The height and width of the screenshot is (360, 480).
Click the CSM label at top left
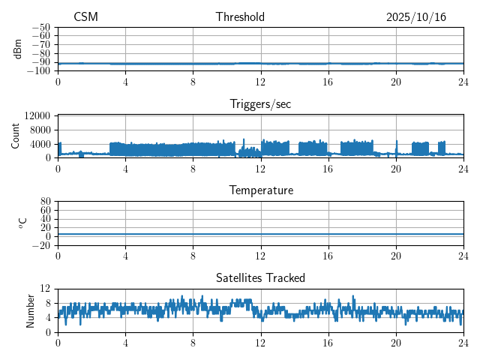(85, 17)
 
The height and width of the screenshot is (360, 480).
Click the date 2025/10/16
(416, 17)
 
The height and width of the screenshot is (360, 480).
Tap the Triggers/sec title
(260, 104)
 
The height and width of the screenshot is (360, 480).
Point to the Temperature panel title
(260, 190)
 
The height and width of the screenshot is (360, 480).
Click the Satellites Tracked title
(260, 277)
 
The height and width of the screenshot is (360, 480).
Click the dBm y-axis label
(18, 49)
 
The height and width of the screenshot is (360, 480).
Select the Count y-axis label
(16, 136)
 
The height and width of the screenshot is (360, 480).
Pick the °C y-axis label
(22, 223)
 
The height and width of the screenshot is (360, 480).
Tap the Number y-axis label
(30, 310)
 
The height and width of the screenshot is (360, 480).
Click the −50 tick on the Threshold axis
(41, 27)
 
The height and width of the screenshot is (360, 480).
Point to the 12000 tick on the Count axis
(37, 115)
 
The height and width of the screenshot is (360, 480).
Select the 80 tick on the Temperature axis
(46, 202)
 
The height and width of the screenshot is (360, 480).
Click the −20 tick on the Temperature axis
(41, 245)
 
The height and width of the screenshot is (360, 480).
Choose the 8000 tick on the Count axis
(40, 130)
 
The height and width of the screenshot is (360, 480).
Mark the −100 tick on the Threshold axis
(39, 71)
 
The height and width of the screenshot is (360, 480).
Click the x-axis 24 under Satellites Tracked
(463, 343)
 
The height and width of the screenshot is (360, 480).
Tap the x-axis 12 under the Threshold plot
(260, 82)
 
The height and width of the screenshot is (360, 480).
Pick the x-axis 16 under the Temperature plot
(328, 256)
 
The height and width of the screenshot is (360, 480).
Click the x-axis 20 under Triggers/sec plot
(395, 169)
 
